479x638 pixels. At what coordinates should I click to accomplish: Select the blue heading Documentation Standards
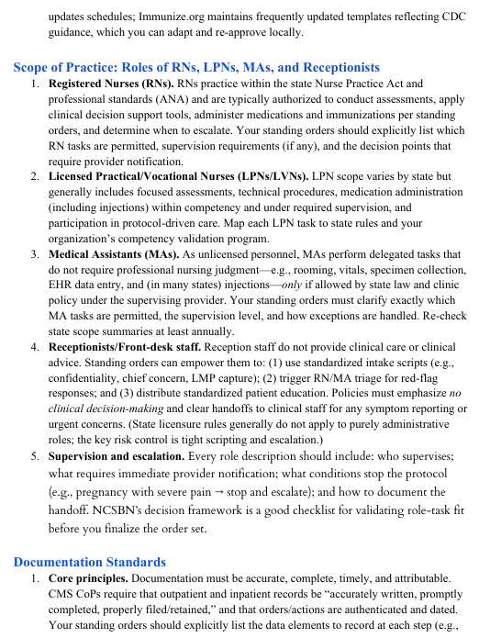point(90,562)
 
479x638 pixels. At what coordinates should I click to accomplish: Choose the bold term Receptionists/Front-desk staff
point(124,347)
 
